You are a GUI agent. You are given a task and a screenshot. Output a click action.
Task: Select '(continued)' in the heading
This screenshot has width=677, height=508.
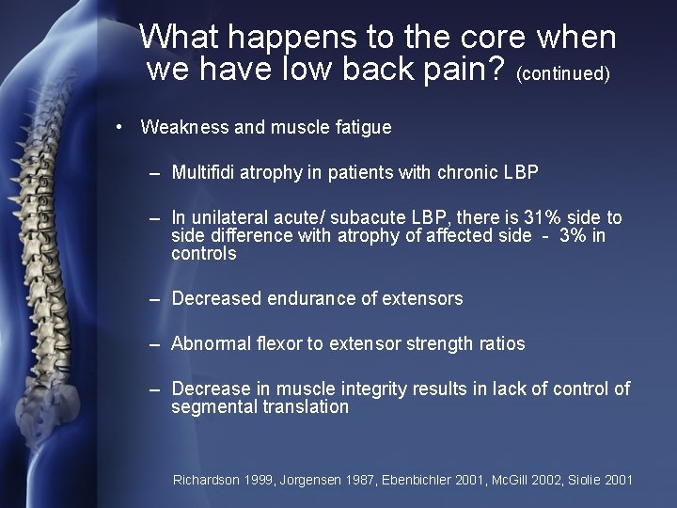tap(563, 73)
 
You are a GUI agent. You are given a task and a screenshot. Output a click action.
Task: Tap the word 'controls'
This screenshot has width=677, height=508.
tap(204, 254)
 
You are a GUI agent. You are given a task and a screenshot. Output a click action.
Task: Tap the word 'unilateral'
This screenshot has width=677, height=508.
tap(230, 218)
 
